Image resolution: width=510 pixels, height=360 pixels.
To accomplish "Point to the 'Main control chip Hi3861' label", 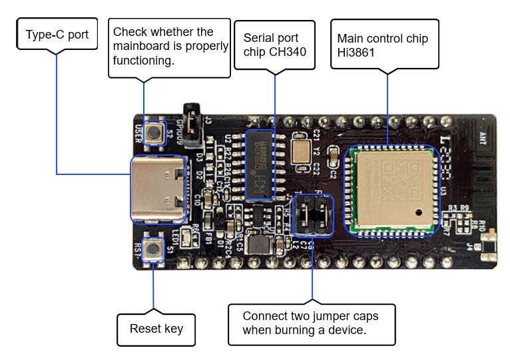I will pyautogui.click(x=384, y=45).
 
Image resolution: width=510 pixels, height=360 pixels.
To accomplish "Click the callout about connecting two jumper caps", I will pyautogui.click(x=312, y=324).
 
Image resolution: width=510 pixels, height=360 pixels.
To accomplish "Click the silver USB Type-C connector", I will pyautogui.click(x=158, y=189).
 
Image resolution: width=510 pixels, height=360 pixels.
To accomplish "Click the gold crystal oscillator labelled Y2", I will pyautogui.click(x=300, y=148).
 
